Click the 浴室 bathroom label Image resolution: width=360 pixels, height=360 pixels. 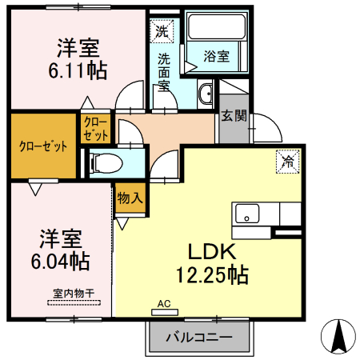pyautogui.click(x=216, y=56)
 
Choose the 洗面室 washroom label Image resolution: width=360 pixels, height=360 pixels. pyautogui.click(x=163, y=72)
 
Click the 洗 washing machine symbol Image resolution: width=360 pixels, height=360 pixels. pyautogui.click(x=162, y=33)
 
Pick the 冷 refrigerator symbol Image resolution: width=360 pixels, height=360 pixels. pyautogui.click(x=286, y=162)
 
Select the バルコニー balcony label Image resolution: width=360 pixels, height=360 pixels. pyautogui.click(x=199, y=338)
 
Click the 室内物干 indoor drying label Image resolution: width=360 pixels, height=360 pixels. pyautogui.click(x=73, y=294)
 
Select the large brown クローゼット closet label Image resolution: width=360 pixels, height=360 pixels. pyautogui.click(x=42, y=146)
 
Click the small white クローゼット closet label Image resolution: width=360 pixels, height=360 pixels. pyautogui.click(x=94, y=128)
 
